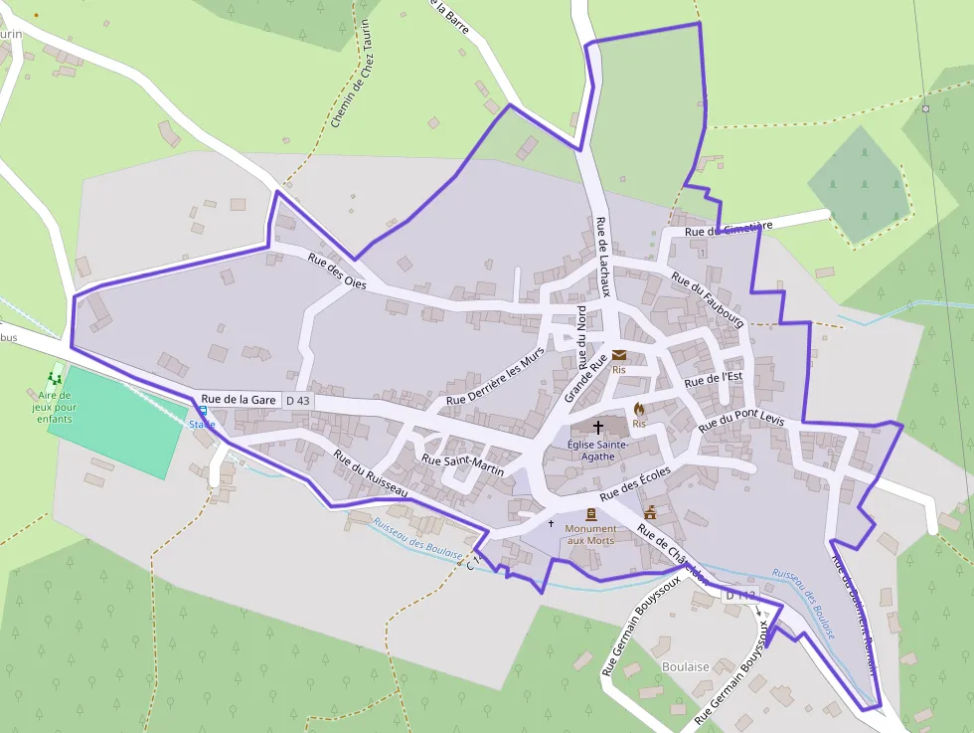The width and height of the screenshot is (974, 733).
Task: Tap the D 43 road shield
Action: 297,400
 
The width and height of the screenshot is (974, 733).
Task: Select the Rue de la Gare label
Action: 238,399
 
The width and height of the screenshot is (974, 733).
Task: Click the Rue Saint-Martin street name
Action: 462,465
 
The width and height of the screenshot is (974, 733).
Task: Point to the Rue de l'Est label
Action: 714,379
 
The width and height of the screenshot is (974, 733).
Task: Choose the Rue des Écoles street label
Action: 635,482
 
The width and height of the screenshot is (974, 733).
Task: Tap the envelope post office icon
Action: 619,355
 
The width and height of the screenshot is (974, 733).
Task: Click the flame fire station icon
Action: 639,409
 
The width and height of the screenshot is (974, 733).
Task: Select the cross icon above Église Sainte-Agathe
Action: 597,426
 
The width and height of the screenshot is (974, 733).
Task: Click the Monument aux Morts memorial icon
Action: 591,514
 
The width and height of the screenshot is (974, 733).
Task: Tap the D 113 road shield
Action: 740,595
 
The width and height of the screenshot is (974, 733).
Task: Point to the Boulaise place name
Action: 685,666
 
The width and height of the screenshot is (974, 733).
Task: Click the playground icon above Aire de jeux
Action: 55,378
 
